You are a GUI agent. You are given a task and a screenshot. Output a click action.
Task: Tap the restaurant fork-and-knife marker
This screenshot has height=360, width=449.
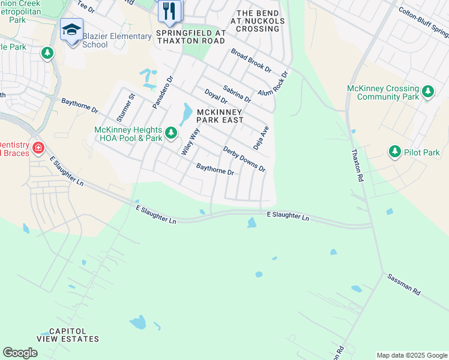(x=169, y=10)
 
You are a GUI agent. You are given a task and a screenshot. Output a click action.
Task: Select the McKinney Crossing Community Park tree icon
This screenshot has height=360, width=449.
(x=427, y=92)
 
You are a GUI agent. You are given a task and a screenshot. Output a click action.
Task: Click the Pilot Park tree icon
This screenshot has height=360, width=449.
(x=394, y=152)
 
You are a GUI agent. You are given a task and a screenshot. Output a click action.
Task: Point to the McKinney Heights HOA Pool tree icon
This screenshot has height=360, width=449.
(x=171, y=132)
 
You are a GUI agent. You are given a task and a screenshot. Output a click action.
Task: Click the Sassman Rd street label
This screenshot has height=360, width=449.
(x=404, y=284)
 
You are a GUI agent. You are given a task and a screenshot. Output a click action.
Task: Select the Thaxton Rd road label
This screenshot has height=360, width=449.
(x=357, y=166)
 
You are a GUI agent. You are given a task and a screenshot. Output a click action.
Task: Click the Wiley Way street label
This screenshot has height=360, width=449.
(x=190, y=142)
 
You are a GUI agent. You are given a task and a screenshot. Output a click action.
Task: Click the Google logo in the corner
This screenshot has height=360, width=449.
(x=20, y=353)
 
